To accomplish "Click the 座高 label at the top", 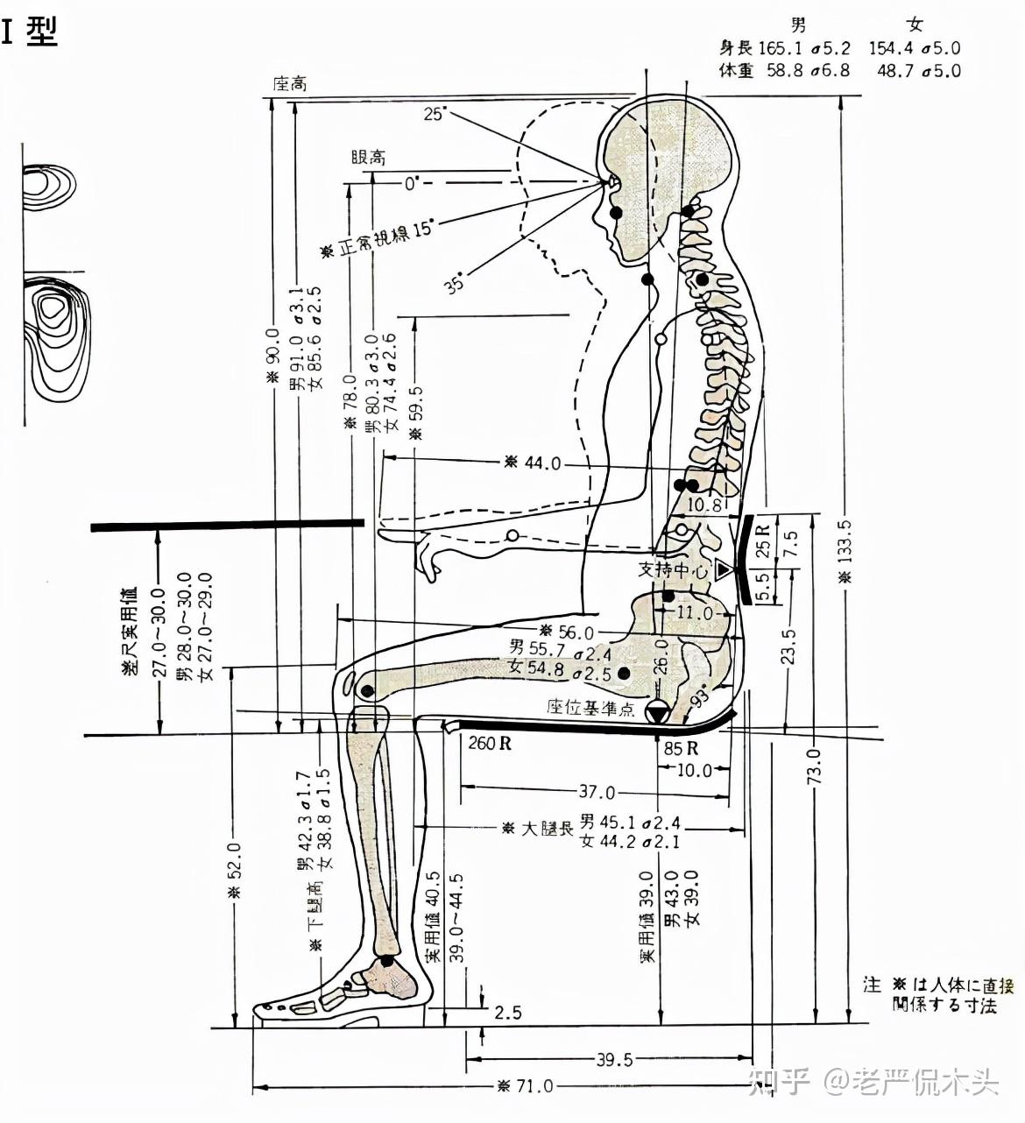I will click(x=290, y=83).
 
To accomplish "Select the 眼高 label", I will click(x=368, y=158).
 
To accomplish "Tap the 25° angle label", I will click(x=435, y=114).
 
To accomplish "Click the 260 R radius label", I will click(x=490, y=745).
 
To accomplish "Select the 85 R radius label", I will click(x=681, y=748).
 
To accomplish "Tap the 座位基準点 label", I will click(x=590, y=707).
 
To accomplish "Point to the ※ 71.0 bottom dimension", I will click(x=526, y=1086).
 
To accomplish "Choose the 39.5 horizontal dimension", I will click(x=614, y=1060).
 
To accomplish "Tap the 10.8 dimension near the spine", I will click(x=703, y=505).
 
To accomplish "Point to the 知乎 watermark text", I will click(x=780, y=1084).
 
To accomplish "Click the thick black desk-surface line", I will click(x=228, y=526).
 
